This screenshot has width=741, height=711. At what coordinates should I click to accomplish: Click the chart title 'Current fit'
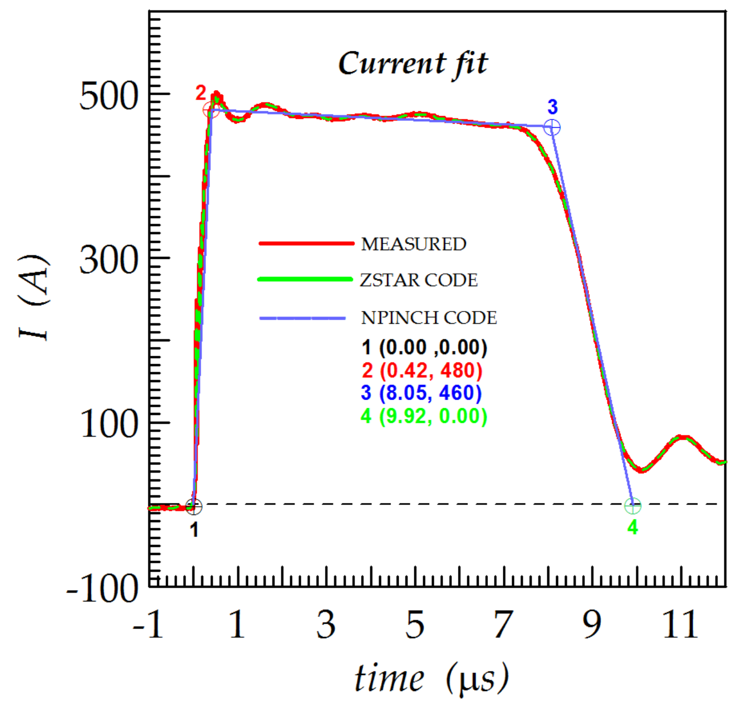(x=413, y=64)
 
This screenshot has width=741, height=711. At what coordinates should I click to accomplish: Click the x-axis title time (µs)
(x=431, y=678)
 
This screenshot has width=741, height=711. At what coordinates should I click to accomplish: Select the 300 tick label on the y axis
(x=108, y=260)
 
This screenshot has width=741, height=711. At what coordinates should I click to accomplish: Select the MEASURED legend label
(x=413, y=244)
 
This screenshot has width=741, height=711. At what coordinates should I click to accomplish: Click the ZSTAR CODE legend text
(x=419, y=280)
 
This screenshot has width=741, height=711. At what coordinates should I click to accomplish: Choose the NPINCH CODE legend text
(x=429, y=318)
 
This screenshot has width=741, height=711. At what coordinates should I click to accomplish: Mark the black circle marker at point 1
(x=194, y=506)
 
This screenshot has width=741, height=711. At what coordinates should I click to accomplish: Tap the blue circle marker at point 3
(x=552, y=128)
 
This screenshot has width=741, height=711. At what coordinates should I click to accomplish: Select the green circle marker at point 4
(x=632, y=506)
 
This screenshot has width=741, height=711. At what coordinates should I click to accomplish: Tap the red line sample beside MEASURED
(x=306, y=243)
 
